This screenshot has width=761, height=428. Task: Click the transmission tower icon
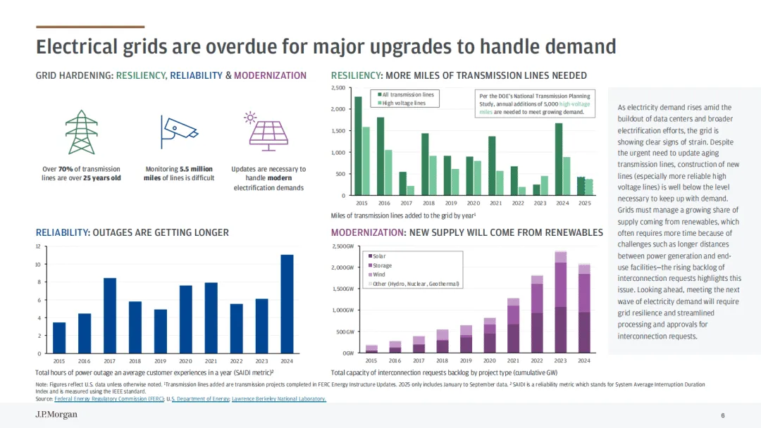pos(81,132)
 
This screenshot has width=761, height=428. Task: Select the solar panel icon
pos(268,132)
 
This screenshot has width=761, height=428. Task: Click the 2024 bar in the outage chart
pos(287,304)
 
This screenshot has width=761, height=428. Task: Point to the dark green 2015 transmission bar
pos(358,146)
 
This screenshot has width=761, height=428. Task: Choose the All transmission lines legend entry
pos(407,94)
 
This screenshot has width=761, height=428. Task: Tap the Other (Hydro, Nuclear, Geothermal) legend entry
pos(414,284)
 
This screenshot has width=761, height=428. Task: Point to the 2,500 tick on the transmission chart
pos(338,88)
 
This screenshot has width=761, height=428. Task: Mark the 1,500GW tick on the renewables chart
pos(344,289)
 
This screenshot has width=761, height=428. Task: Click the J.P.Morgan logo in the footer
pos(56,415)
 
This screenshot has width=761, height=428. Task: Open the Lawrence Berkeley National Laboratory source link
pos(285,399)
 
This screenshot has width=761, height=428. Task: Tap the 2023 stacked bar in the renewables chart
pos(560,302)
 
